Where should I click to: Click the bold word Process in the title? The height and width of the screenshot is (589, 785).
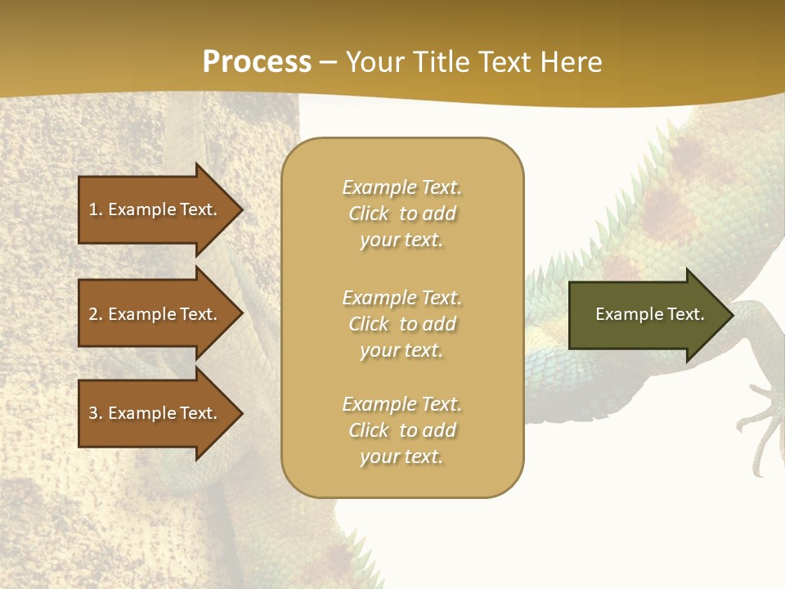[x=257, y=61]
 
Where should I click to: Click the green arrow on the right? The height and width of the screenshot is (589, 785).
[x=646, y=314]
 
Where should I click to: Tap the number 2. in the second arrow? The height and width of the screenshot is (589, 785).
[x=96, y=314]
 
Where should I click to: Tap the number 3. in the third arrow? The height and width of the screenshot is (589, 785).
[x=96, y=413]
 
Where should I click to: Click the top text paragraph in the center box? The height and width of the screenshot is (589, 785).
[x=401, y=214]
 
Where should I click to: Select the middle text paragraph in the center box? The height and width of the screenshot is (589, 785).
[x=401, y=324]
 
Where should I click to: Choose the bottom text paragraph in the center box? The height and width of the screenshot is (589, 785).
[x=401, y=430]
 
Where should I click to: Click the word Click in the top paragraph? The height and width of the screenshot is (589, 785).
[x=369, y=214]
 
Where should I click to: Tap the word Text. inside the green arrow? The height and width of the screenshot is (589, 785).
[x=682, y=314]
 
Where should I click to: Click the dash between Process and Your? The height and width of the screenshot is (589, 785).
[x=328, y=61]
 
